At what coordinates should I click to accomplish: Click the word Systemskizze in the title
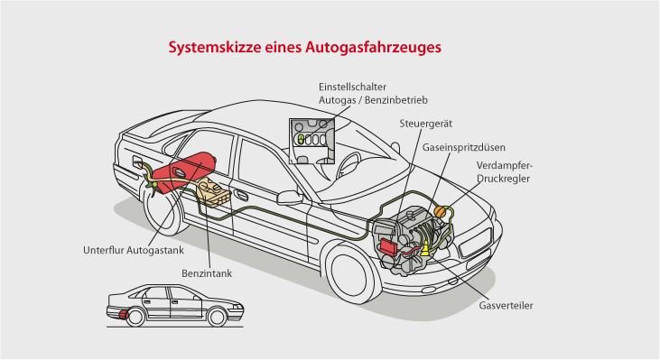pos(215,47)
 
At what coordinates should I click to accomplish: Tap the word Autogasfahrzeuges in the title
pos(374,47)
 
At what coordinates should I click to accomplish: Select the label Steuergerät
pos(425,124)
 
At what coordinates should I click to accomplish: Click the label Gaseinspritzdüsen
pos(464,148)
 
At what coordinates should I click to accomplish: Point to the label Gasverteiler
pos(506,306)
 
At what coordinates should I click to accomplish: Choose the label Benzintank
pos(207,273)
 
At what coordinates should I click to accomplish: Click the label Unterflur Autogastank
pos(134,250)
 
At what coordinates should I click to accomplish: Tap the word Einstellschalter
pos(352,87)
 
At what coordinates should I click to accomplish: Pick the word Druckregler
pos(504,179)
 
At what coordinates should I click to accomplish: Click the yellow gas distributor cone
pos(425,248)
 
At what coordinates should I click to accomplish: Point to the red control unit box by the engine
pos(388,246)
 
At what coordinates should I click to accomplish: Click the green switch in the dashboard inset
pos(301,139)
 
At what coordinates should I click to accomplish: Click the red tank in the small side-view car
pos(123,314)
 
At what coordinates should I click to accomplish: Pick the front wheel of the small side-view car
pos(218,317)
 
